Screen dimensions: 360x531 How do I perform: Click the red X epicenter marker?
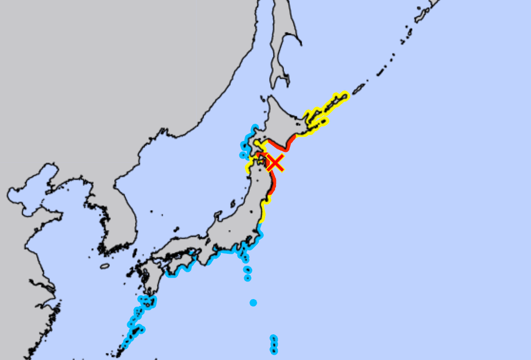point(275,163)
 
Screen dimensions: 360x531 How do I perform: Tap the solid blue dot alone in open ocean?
point(253,303)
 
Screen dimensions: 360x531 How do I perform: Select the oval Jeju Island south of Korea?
point(105,266)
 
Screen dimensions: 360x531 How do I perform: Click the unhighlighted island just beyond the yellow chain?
point(359,88)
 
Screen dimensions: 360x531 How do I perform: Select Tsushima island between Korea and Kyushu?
point(135,253)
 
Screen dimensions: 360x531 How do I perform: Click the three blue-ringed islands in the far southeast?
point(274,344)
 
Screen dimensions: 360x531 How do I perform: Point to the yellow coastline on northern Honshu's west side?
point(248,167)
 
